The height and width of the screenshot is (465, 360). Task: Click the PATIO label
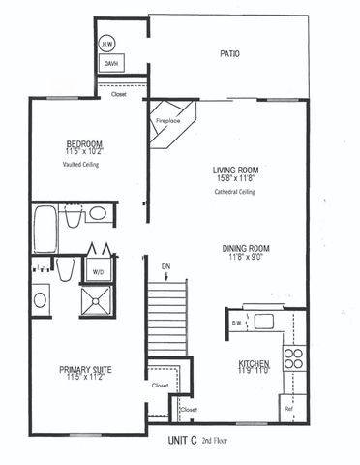coord(229,54)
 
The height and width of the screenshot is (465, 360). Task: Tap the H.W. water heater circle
coord(106,45)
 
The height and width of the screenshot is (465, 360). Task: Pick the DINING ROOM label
coord(245,247)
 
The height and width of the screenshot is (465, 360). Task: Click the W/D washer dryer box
coord(99,271)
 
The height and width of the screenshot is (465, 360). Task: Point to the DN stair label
coord(166,264)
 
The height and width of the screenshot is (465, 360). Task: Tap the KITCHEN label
coord(254,363)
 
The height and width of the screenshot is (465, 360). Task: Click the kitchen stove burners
coord(292,358)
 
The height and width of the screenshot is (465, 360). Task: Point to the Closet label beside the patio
coord(119,94)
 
